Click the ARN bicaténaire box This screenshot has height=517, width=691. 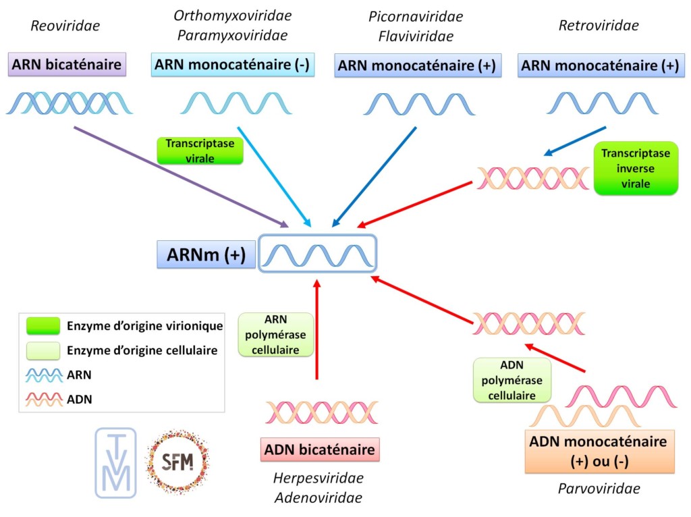[67, 65]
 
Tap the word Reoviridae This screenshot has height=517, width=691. [65, 26]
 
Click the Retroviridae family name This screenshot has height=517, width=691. [599, 26]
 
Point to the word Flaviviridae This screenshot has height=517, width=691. [416, 36]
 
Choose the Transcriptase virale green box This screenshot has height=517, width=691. [199, 151]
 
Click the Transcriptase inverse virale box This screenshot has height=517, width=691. [634, 168]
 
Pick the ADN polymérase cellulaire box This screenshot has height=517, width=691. [512, 380]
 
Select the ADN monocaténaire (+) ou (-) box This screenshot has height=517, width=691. [599, 451]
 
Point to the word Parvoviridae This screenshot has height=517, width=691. [599, 489]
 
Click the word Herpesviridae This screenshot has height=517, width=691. [318, 479]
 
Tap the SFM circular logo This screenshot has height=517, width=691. [177, 462]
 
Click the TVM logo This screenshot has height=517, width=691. [115, 462]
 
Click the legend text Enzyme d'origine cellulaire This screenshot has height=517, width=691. [142, 350]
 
